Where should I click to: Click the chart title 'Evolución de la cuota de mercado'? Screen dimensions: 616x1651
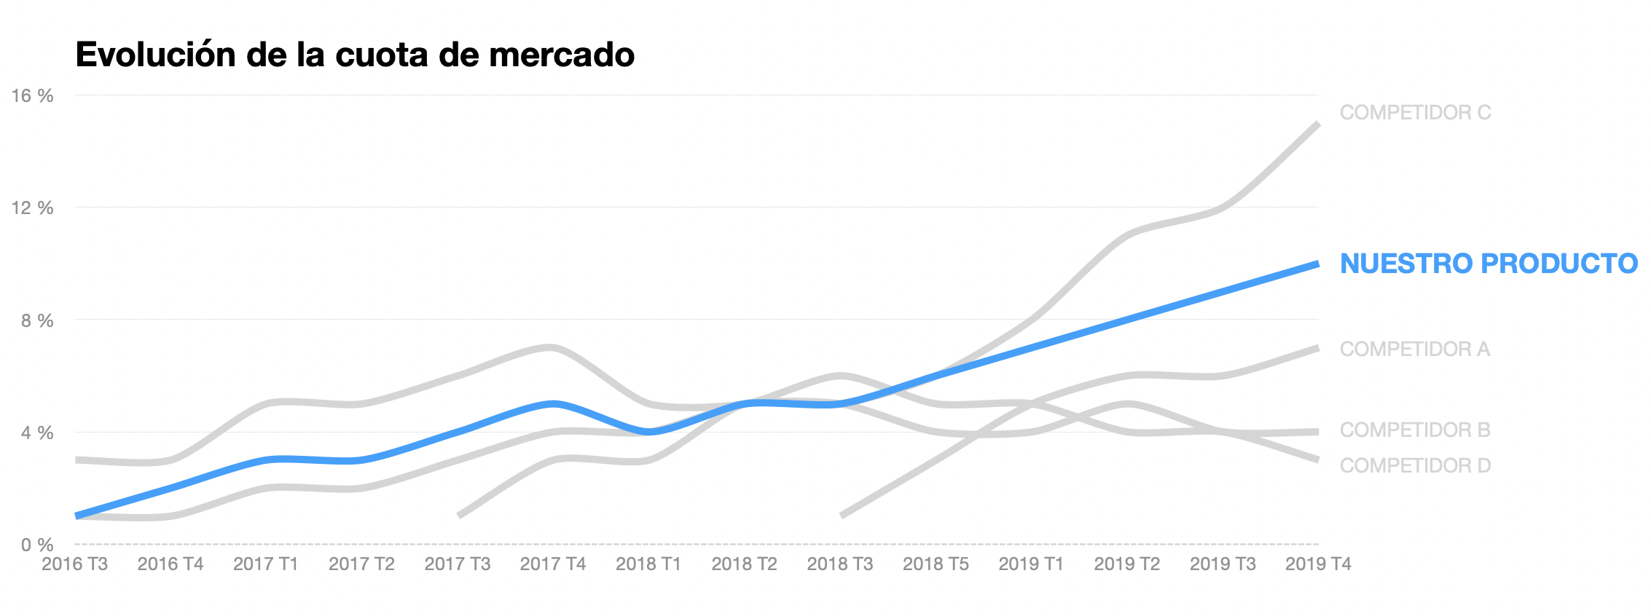(355, 55)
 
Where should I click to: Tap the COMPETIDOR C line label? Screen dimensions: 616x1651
(1415, 113)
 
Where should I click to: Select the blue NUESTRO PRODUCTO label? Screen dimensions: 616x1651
(1489, 264)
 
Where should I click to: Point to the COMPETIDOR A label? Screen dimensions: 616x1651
(1414, 350)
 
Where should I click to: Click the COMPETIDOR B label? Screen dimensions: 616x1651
(1414, 430)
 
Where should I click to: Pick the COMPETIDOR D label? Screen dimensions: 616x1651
(1415, 466)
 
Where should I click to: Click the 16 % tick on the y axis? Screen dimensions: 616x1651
(32, 95)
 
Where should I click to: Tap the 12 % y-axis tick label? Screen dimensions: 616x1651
(32, 208)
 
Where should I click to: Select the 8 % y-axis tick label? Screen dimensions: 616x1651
(36, 320)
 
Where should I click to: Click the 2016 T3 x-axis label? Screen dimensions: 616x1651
(74, 564)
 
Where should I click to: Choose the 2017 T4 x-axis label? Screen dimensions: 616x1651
(552, 564)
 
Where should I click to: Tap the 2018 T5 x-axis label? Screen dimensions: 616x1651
(936, 564)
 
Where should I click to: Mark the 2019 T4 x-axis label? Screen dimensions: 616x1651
(1317, 564)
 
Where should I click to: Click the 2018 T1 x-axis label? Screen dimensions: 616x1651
(648, 564)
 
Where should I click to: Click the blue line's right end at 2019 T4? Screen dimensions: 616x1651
(1317, 264)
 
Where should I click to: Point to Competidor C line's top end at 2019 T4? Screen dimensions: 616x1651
(1317, 125)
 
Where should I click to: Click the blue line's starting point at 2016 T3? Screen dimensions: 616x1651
(77, 516)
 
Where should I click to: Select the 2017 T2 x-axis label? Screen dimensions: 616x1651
(361, 564)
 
